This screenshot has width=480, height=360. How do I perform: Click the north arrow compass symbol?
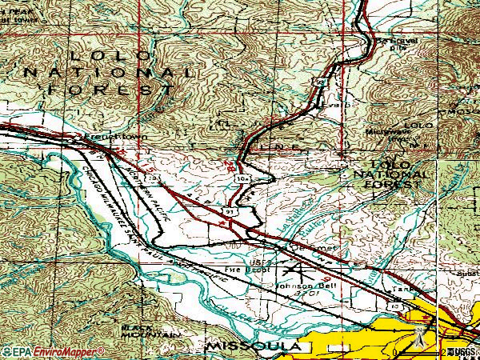coord(418,340)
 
